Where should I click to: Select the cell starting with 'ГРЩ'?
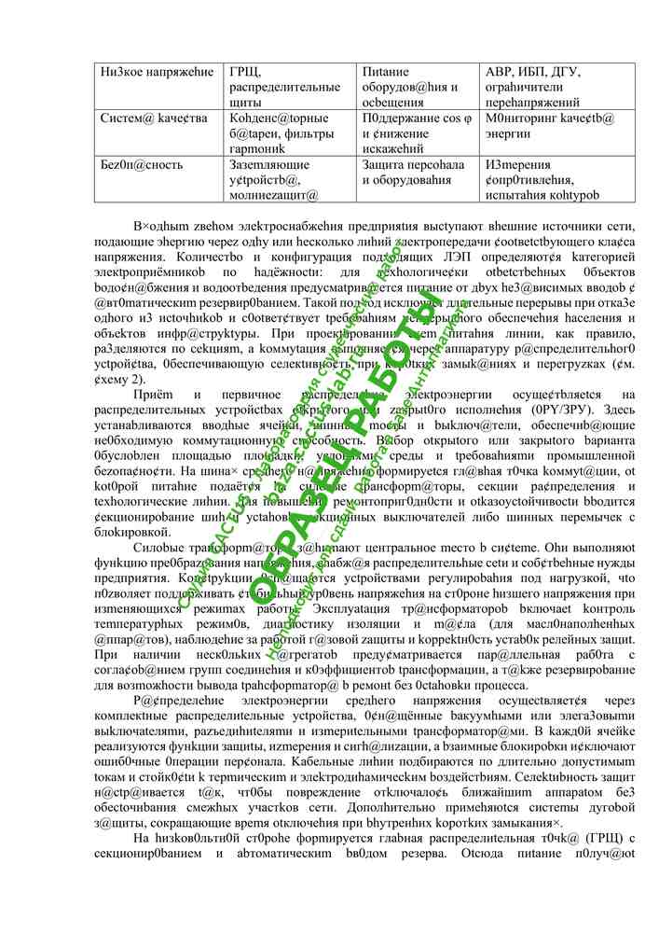click(285, 86)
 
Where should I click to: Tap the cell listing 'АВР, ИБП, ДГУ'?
click(556, 86)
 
